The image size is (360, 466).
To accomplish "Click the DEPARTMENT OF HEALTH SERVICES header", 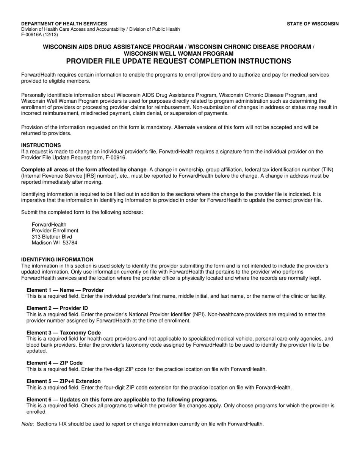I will click(x=64, y=23).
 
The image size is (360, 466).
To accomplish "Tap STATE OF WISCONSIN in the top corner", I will click(x=313, y=23).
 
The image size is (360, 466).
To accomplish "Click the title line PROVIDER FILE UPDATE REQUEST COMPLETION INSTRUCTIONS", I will click(x=178, y=61).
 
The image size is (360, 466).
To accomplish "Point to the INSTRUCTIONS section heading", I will click(x=41, y=145).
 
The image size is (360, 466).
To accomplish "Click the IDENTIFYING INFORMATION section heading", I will click(x=57, y=260).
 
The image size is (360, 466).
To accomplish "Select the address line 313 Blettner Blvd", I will click(x=52, y=237).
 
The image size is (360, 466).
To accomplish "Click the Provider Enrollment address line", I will click(x=55, y=231).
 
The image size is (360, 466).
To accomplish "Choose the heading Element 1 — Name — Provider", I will click(x=65, y=290).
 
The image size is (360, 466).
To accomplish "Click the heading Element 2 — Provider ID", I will click(x=57, y=308).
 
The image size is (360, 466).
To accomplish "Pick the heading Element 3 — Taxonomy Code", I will click(x=64, y=333).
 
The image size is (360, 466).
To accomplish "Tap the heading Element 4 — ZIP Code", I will click(x=55, y=363).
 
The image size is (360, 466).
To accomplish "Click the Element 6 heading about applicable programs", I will click(x=122, y=399).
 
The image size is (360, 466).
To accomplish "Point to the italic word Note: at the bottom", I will click(x=28, y=424).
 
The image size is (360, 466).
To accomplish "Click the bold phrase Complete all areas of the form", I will click(x=83, y=170).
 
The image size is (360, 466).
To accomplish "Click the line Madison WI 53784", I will click(x=55, y=243).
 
